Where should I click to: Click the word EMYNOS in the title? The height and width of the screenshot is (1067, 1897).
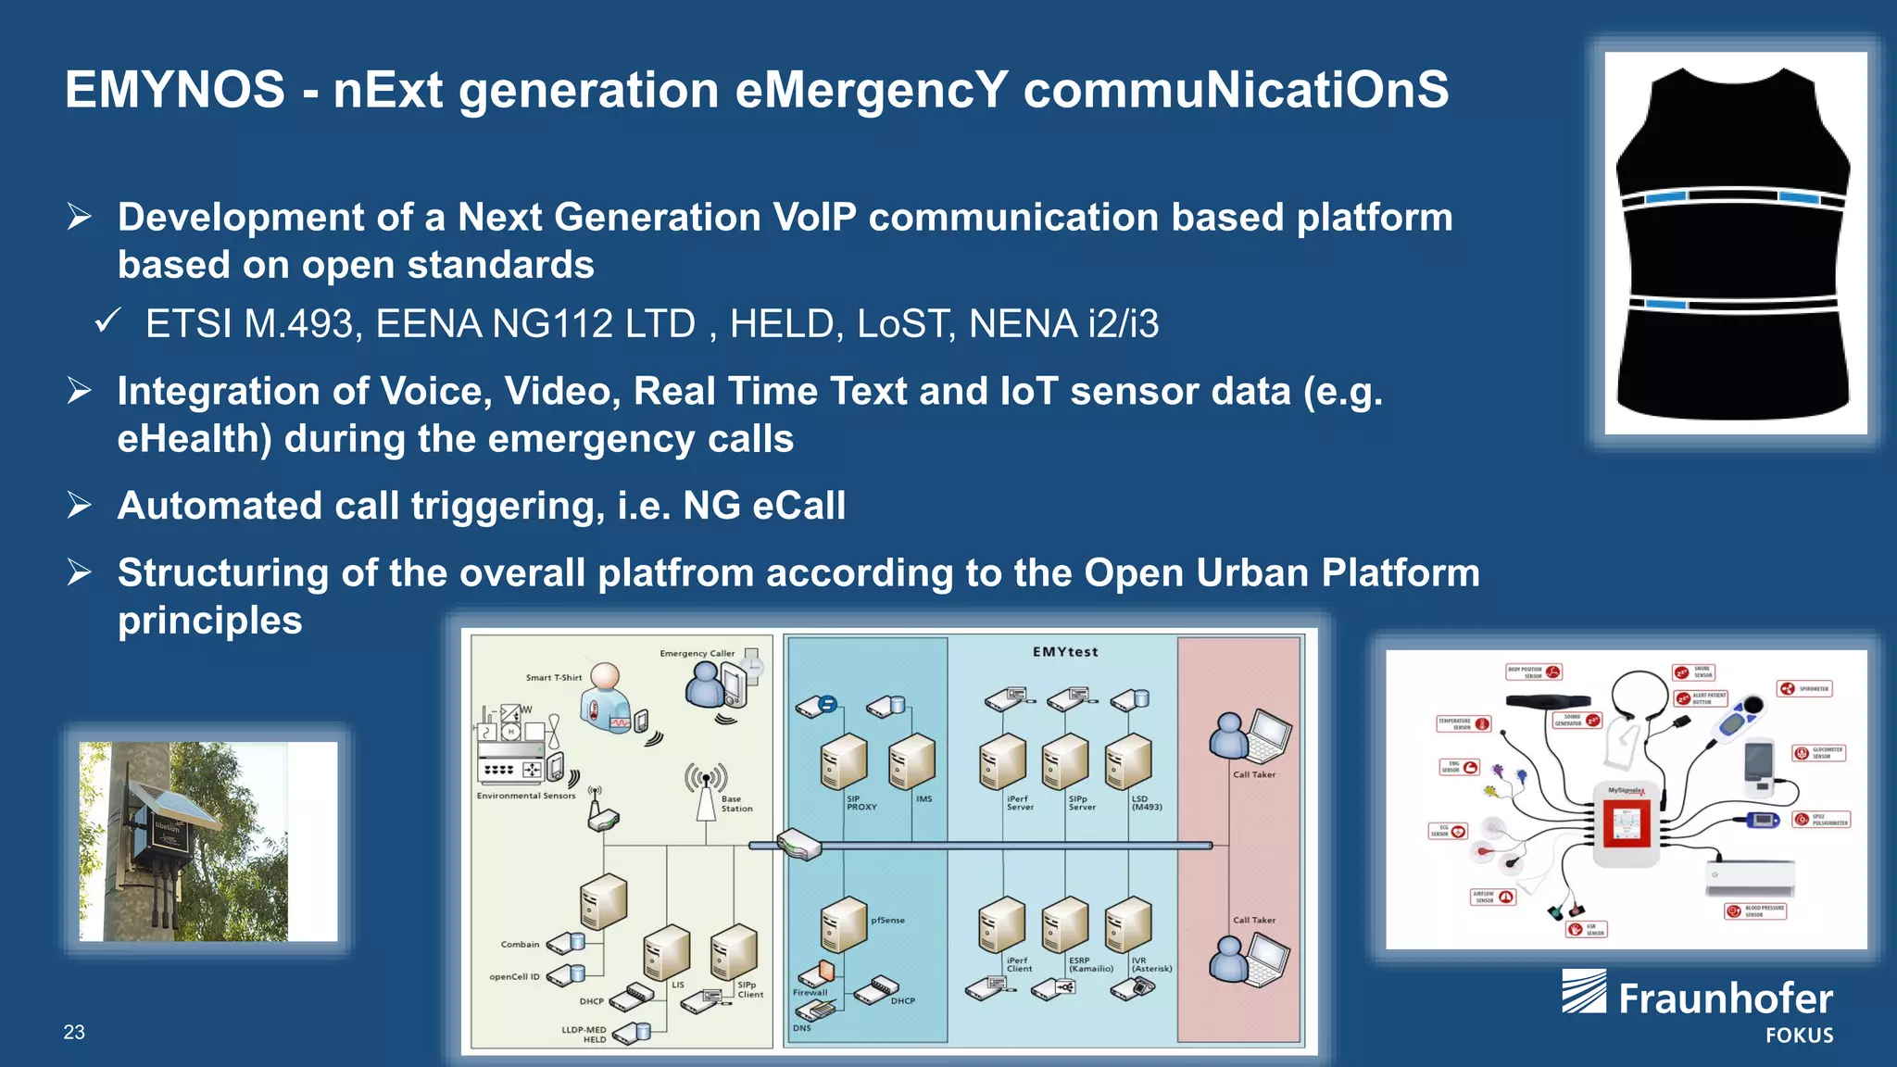[x=175, y=90]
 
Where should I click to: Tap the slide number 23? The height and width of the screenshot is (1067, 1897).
[x=74, y=1032]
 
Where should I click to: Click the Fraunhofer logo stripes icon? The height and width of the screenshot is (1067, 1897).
[x=1584, y=991]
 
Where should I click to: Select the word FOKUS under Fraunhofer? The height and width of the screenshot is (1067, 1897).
[x=1799, y=1036]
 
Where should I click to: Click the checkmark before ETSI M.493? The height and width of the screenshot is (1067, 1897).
[x=107, y=323]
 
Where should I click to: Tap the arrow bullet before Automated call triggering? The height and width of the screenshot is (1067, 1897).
[x=80, y=506]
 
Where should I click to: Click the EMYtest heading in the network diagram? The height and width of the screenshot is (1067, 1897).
[x=1065, y=652]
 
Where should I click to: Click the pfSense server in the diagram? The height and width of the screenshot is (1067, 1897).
[x=843, y=923]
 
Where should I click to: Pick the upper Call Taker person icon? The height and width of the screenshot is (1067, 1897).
[x=1230, y=736]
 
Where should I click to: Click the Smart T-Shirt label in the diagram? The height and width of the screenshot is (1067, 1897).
[x=554, y=678]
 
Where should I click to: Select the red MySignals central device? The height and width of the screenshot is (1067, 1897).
[x=1627, y=821]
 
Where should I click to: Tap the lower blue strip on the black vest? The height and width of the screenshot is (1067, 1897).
[x=1665, y=304]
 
